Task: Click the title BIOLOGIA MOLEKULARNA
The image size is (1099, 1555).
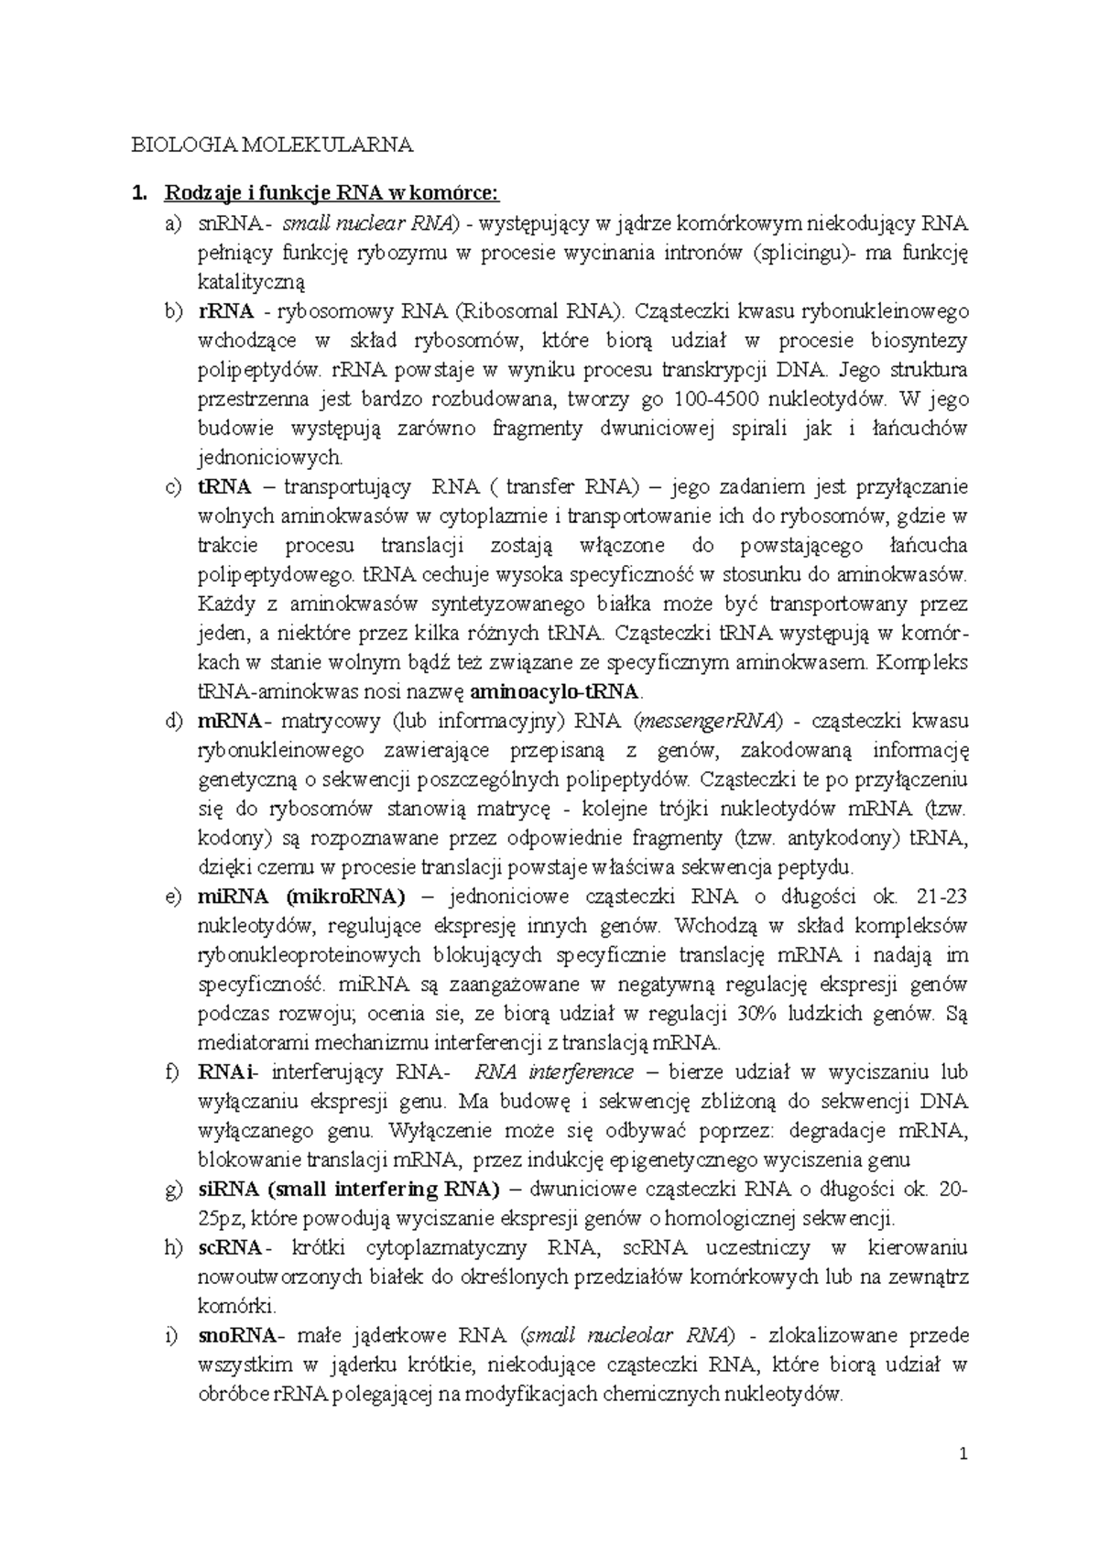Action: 273,145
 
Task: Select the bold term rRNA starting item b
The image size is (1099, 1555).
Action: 224,311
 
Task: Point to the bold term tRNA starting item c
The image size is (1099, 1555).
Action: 224,487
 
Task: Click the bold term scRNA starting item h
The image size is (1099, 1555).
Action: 229,1248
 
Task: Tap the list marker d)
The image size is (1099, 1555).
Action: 172,722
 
